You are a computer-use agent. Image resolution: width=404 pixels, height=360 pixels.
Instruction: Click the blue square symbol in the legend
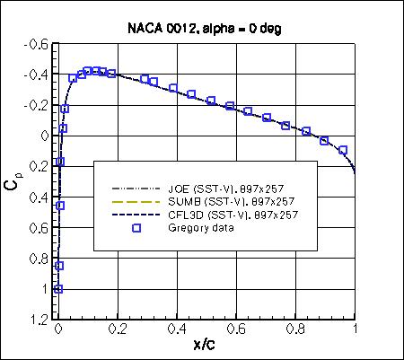136,227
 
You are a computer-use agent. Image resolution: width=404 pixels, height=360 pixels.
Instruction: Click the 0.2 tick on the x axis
118,330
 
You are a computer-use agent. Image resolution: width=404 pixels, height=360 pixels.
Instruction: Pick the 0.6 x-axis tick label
237,330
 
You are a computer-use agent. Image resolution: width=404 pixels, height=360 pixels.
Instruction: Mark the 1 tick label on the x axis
356,330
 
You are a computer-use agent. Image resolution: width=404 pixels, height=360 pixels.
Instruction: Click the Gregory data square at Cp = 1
58,289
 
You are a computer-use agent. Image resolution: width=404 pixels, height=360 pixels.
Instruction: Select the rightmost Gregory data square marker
342,150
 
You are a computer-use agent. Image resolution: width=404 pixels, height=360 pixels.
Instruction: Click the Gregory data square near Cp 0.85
59,266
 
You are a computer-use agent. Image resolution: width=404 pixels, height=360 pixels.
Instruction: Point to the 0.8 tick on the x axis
296,330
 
